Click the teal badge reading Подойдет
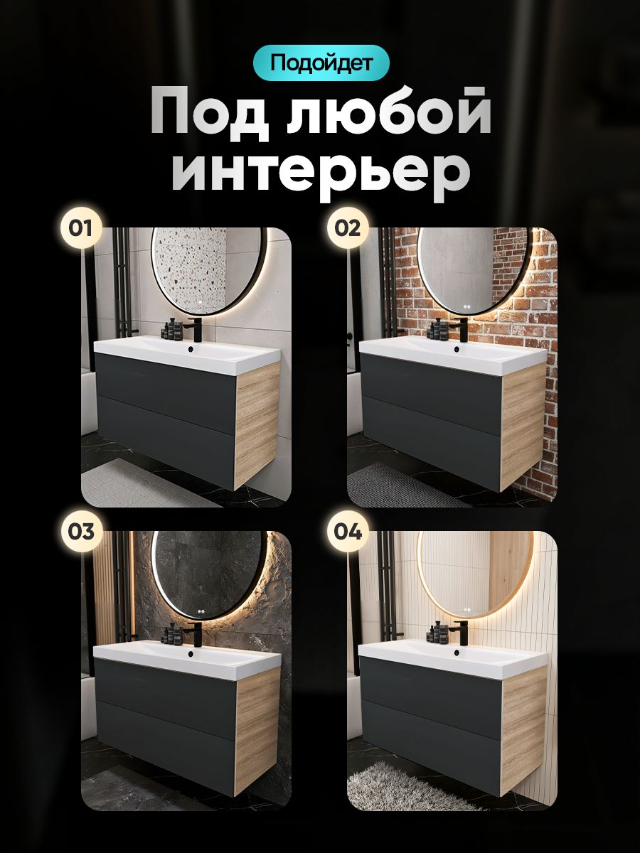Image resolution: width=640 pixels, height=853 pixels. coord(321,63)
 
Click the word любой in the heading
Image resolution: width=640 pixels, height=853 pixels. coord(390,115)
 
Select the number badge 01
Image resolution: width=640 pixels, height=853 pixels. coord(81,228)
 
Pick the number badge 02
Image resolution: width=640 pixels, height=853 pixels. coord(348,228)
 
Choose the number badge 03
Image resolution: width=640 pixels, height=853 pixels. coord(81,531)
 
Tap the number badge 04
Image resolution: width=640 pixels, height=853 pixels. coord(348,531)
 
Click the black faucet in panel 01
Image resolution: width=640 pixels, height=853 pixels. coord(194,329)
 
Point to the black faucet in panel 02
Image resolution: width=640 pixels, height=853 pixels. coord(461,329)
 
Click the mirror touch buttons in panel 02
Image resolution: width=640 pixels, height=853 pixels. coord(466,306)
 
